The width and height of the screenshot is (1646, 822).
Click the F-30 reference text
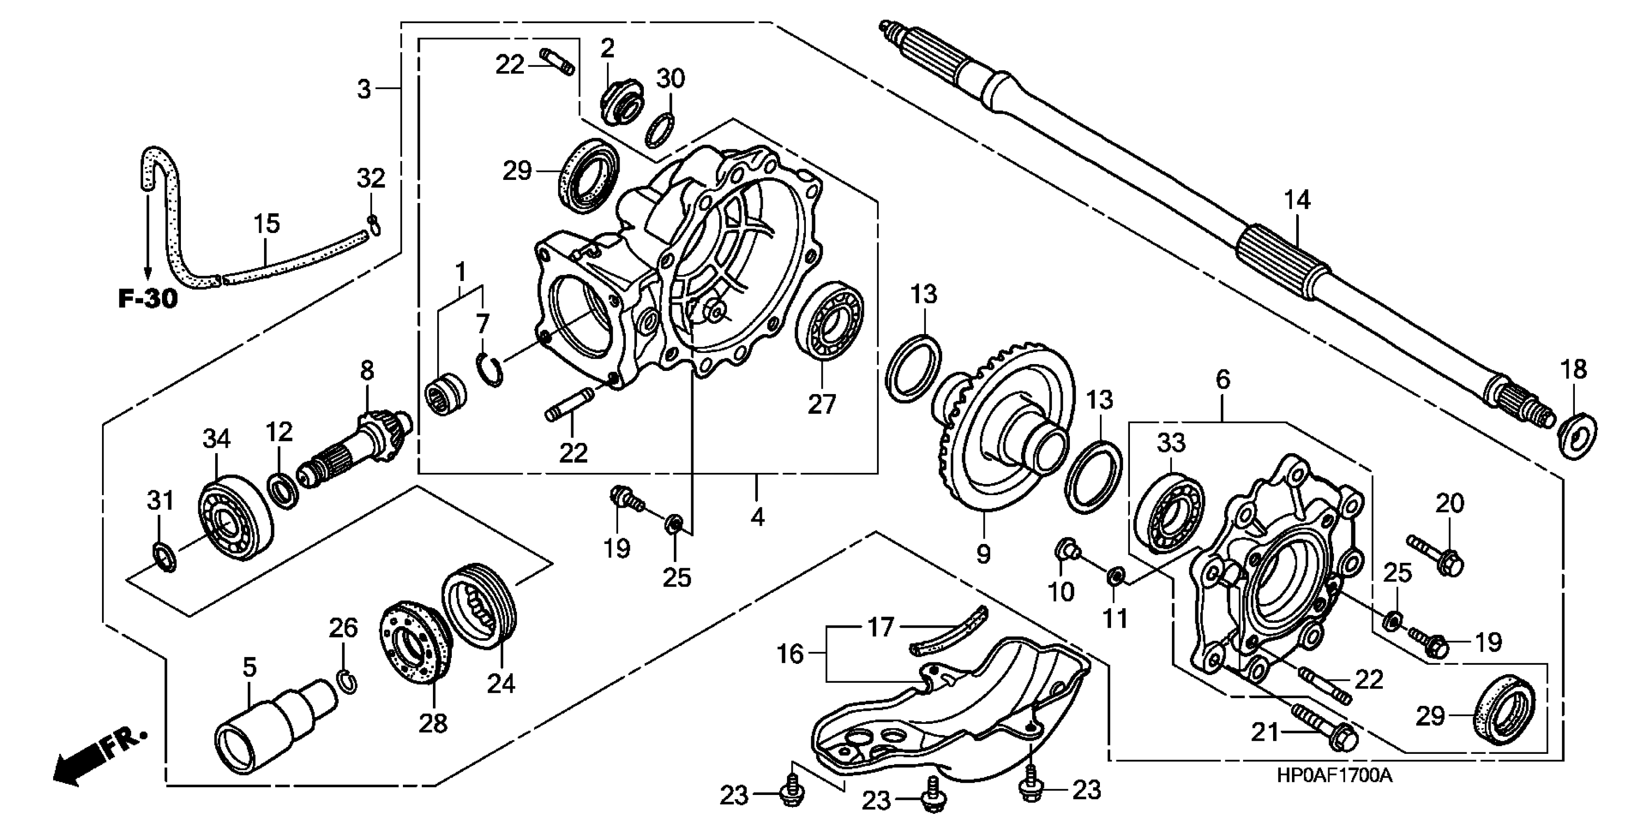pos(148,298)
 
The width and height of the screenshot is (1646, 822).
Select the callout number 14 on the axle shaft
pos(1297,200)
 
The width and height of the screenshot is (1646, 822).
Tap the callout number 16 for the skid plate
pos(790,654)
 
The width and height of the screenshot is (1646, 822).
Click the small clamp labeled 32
pos(374,223)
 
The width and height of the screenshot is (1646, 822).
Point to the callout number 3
pos(364,89)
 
